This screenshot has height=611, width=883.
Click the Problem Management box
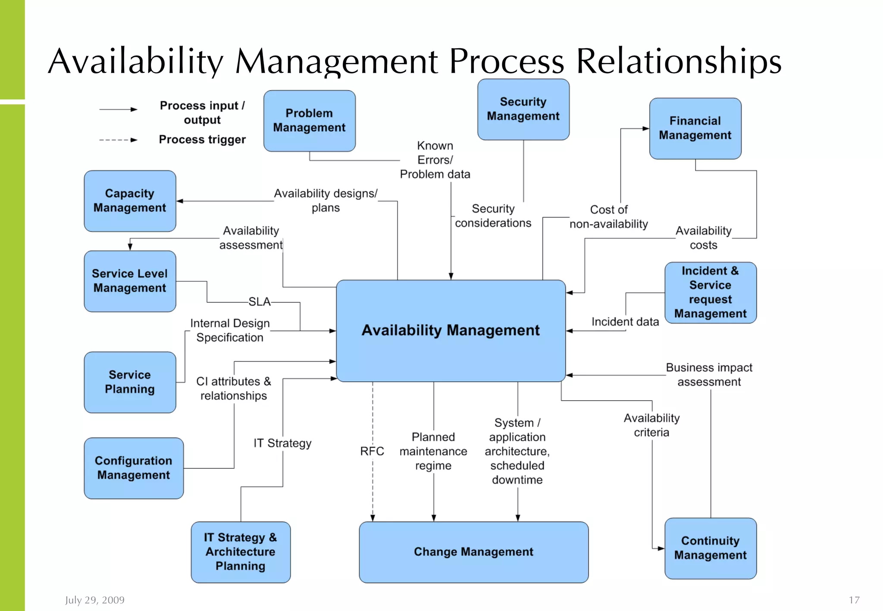tap(309, 121)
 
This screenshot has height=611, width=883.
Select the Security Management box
tap(523, 109)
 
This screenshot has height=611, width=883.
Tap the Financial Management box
tap(695, 128)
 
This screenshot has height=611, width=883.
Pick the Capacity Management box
tap(130, 201)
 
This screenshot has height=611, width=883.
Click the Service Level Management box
tap(130, 281)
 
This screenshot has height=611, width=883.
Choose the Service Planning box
tap(130, 382)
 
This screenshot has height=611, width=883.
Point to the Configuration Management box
tap(134, 468)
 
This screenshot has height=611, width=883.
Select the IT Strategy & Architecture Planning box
tap(241, 552)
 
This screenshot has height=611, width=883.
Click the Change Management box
tap(473, 552)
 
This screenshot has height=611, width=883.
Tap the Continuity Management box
tap(710, 548)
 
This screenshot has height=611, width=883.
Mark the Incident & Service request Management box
tap(710, 293)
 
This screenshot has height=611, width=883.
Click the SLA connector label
tap(260, 302)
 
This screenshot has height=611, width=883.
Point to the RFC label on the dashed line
tap(372, 451)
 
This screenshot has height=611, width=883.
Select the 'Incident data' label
tap(625, 322)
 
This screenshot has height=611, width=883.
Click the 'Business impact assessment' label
tap(709, 374)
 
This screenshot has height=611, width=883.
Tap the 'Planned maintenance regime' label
tap(433, 451)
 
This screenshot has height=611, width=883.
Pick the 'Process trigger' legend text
tap(202, 140)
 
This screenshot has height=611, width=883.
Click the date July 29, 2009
tap(95, 600)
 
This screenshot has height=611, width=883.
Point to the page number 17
tap(854, 600)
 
